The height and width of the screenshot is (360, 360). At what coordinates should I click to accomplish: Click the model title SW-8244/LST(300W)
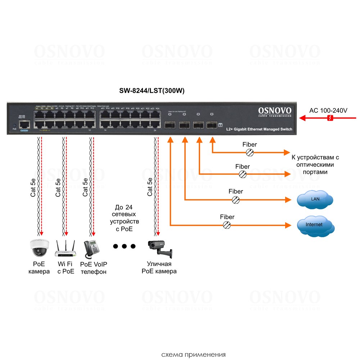tap(152, 91)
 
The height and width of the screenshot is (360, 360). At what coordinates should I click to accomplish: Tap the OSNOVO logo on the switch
tap(275, 111)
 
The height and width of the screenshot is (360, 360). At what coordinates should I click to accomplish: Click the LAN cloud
tap(315, 200)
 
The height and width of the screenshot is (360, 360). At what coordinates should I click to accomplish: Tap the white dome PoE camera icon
tap(39, 248)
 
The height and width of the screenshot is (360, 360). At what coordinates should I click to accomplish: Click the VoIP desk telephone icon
tap(92, 248)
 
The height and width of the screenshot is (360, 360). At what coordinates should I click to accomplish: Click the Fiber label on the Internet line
tap(227, 217)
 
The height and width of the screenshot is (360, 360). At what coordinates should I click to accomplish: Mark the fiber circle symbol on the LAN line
tap(235, 200)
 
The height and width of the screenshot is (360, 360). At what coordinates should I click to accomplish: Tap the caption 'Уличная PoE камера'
tap(159, 268)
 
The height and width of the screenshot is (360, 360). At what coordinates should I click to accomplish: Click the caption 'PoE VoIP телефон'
tap(94, 268)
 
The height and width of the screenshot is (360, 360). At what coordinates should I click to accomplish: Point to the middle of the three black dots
tap(124, 247)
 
